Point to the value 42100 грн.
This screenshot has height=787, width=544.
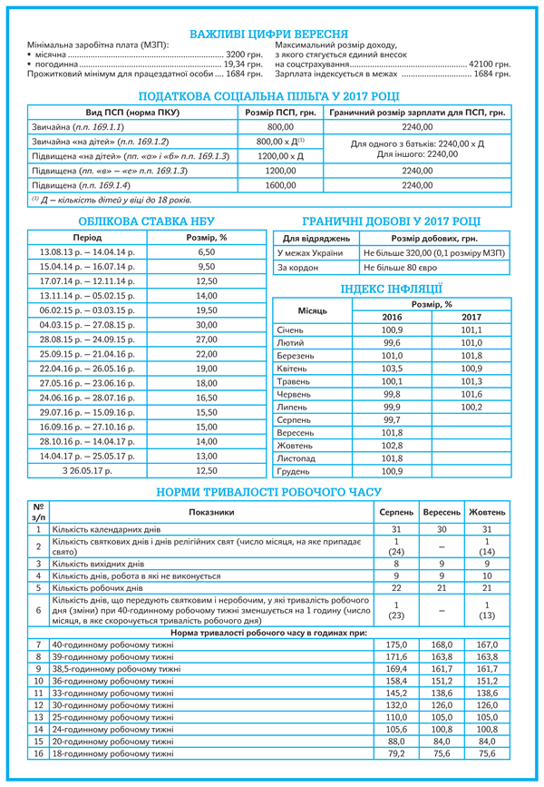coord(488,65)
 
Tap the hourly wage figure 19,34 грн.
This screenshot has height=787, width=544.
coord(242,65)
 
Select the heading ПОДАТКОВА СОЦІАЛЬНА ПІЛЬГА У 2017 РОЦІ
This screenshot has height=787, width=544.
coord(271,95)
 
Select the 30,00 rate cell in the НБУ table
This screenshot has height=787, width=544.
coord(206,325)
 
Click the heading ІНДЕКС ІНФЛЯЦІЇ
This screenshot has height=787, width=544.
coord(391,289)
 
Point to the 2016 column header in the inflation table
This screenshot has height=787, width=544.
coord(391,316)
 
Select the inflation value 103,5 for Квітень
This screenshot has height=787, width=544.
coord(391,369)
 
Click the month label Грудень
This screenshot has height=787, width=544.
coord(294,472)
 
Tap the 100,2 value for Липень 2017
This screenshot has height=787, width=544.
coord(471,408)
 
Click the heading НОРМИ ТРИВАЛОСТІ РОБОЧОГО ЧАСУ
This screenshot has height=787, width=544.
coord(271,491)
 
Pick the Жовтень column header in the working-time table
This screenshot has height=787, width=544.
coord(488,513)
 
